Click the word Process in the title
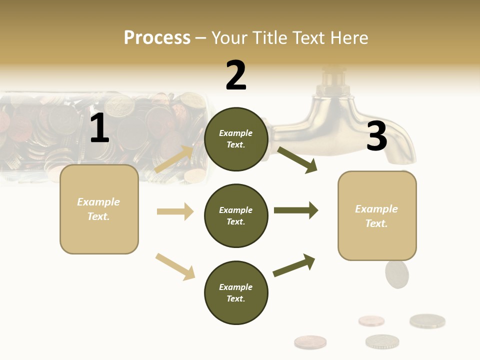[157, 37]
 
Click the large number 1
[99, 128]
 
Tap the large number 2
[236, 75]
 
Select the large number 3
[376, 136]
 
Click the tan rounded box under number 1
[99, 209]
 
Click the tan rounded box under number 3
[377, 216]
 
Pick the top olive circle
[236, 139]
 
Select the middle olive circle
[236, 215]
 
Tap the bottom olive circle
[236, 292]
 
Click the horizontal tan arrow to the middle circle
[175, 211]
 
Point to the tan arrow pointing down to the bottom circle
[175, 266]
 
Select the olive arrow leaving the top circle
[297, 159]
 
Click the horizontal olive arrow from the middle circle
[296, 210]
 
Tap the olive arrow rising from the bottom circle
[294, 265]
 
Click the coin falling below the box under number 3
[397, 274]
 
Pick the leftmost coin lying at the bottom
[310, 342]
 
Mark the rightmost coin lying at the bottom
[427, 321]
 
